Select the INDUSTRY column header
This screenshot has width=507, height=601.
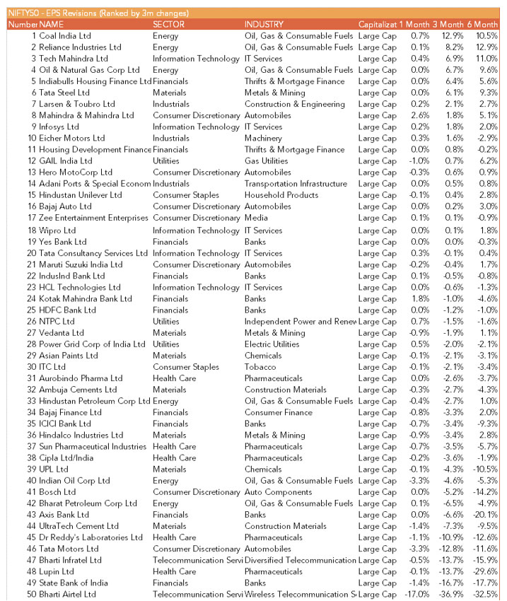click(x=264, y=25)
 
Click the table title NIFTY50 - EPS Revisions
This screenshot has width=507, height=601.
click(x=98, y=13)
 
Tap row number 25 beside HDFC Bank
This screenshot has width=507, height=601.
click(x=31, y=310)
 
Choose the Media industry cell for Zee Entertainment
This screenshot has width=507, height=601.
click(x=256, y=218)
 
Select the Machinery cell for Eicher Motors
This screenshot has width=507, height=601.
click(x=263, y=139)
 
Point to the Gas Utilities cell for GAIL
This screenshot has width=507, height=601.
click(x=266, y=161)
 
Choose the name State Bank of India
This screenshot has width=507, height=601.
click(x=73, y=583)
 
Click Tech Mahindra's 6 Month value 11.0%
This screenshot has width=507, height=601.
click(x=487, y=59)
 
